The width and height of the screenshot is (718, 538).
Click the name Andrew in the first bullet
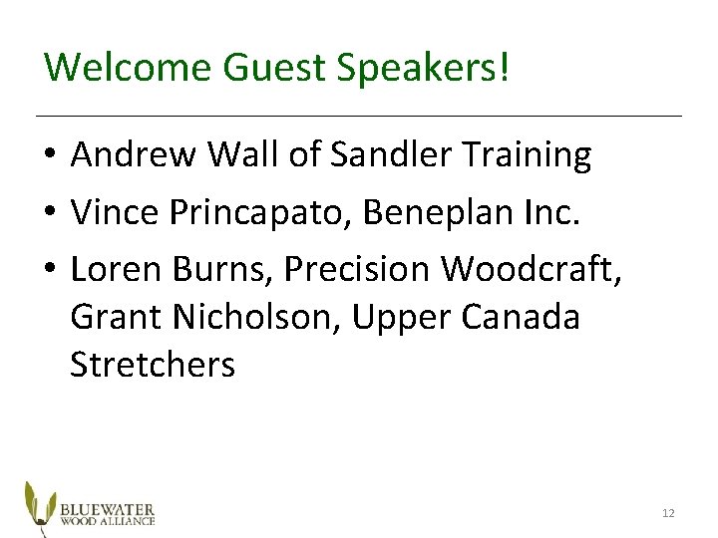132,154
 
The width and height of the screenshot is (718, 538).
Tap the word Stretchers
153,366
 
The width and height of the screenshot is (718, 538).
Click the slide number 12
668,513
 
